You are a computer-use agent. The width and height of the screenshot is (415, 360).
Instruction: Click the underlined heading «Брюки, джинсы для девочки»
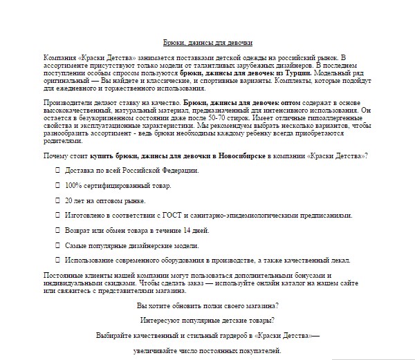(x=207, y=42)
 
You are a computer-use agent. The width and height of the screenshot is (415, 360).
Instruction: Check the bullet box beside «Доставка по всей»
(x=57, y=170)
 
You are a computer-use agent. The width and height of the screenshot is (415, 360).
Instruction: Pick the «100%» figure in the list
(x=74, y=185)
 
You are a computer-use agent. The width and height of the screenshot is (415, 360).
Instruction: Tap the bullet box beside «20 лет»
(x=57, y=200)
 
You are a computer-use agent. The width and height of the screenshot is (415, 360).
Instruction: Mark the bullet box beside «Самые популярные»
(x=57, y=245)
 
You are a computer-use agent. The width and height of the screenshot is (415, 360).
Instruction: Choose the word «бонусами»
(x=340, y=275)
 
